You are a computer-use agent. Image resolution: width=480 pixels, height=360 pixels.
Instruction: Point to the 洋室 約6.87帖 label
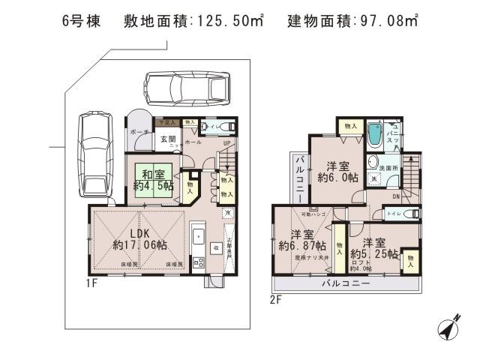pos(302,239)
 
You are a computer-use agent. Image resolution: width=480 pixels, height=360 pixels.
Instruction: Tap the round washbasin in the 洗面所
pos(373,164)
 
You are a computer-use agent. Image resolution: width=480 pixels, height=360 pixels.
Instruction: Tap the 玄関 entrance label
pos(167,139)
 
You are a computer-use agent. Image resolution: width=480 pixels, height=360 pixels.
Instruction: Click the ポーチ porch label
pos(138,132)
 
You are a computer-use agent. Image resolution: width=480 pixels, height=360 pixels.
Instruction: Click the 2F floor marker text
pos(275,299)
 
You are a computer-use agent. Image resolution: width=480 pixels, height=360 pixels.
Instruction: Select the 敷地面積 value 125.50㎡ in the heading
pos(228,22)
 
